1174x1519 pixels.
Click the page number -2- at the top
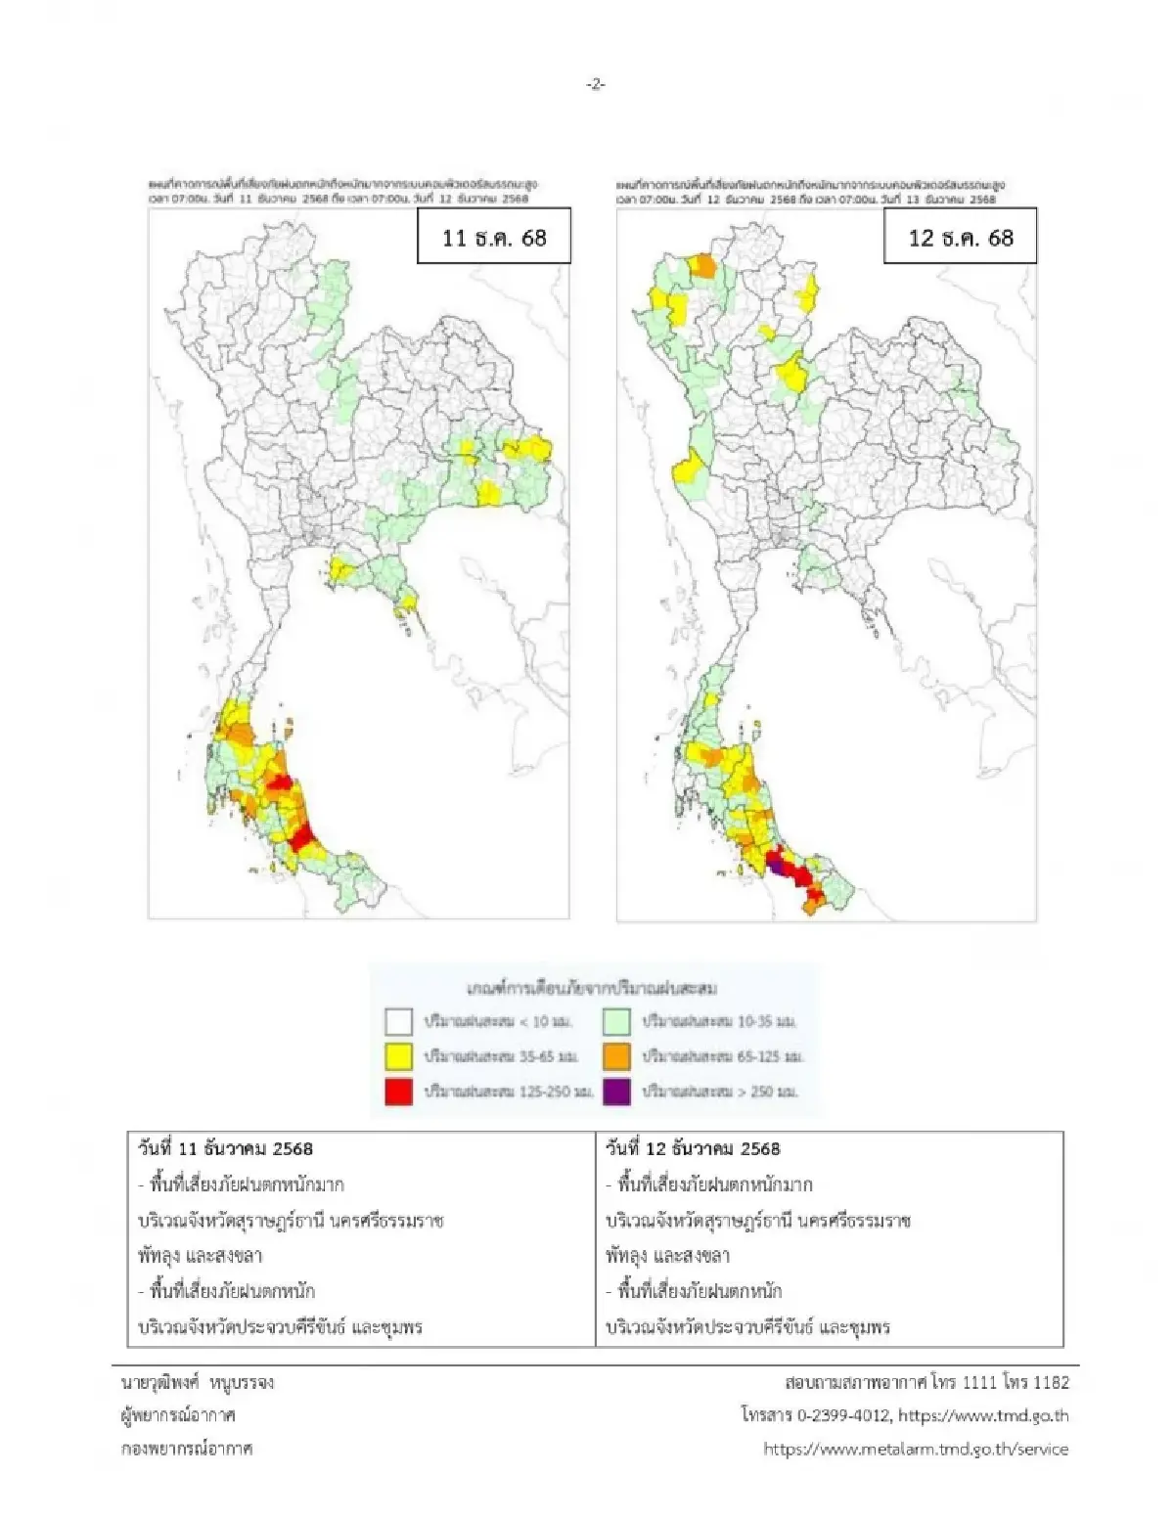(595, 85)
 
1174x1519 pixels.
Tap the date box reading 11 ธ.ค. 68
(494, 238)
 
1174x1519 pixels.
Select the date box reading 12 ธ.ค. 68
(960, 238)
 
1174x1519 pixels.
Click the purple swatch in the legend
(617, 1092)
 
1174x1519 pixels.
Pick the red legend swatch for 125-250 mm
(399, 1092)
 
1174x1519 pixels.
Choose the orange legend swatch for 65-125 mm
(617, 1056)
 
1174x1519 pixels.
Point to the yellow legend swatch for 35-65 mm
(399, 1056)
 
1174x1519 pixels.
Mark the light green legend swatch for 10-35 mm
(617, 1022)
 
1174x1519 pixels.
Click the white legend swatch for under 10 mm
(399, 1022)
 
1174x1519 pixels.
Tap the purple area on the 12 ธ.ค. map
(777, 866)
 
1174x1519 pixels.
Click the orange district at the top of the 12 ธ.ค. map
(702, 265)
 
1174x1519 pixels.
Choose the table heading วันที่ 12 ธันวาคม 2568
(693, 1148)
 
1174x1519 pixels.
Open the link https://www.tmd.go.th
(982, 1415)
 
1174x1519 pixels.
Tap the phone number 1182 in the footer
(1051, 1382)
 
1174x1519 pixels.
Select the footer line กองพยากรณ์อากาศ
(186, 1449)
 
